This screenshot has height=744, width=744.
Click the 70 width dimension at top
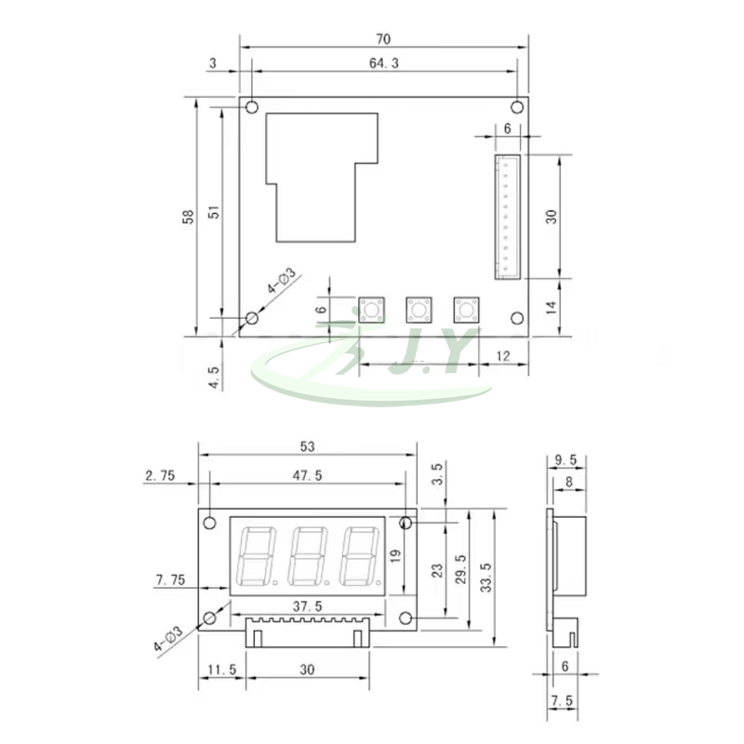(x=384, y=39)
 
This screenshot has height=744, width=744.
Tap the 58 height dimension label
(x=189, y=216)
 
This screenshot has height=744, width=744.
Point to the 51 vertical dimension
(x=214, y=212)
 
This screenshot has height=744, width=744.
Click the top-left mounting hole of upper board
(x=251, y=108)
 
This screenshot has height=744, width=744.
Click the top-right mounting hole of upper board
(x=517, y=108)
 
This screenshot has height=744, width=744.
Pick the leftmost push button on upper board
(x=371, y=310)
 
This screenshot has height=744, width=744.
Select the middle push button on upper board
(x=418, y=310)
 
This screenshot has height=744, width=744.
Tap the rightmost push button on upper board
(x=465, y=310)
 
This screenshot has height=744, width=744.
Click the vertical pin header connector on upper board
(x=508, y=217)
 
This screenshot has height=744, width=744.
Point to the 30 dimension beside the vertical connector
(x=551, y=216)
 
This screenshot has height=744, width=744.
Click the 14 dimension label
(x=551, y=308)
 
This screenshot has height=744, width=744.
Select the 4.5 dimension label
(x=215, y=377)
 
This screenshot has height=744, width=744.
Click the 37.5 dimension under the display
(x=308, y=605)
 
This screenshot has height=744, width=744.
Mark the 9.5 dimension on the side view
(x=565, y=459)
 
